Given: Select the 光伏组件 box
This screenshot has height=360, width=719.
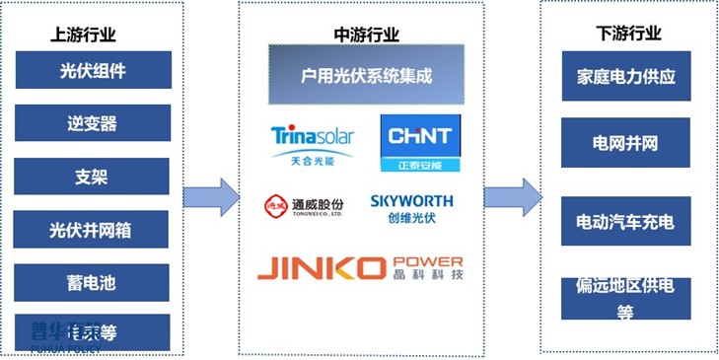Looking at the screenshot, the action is coord(93,70).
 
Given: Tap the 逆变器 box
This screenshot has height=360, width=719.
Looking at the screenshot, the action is coord(93,123).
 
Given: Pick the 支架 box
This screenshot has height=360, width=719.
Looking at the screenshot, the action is coord(93,177).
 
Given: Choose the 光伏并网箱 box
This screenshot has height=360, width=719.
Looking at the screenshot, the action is coord(93,230).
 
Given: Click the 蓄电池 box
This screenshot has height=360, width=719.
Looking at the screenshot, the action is coord(93,283).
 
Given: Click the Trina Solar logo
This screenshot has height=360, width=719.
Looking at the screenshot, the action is coord(312,142).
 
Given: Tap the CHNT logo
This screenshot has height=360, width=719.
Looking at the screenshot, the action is coord(420,142).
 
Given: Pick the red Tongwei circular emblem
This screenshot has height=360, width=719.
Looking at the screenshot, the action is coord(274,205).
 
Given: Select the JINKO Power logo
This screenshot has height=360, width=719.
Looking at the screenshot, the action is coord(360,267).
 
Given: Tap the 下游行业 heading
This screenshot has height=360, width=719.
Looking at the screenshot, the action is coord(628,35).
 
